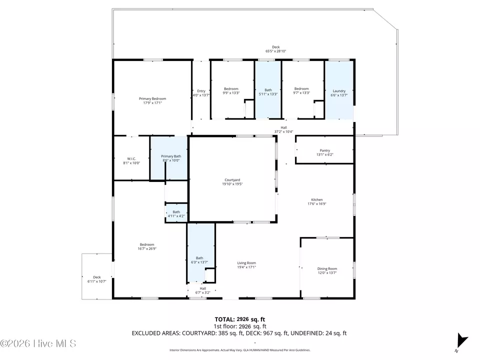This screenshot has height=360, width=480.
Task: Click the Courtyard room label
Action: point(232,180)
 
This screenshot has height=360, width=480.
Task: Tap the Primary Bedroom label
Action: point(152,98)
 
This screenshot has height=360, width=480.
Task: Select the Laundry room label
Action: point(339,91)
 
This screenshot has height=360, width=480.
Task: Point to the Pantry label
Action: point(325,150)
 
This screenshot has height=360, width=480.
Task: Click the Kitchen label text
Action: point(317,199)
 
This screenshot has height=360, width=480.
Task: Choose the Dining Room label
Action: point(327,269)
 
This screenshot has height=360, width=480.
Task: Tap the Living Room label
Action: point(246,263)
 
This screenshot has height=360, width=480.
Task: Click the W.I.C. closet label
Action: point(131,158)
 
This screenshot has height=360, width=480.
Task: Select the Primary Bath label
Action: point(171,156)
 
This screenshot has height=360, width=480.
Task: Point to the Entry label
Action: point(201,91)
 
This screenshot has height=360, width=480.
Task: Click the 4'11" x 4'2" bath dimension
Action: point(176,216)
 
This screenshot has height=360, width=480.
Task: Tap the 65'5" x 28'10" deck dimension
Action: point(276,51)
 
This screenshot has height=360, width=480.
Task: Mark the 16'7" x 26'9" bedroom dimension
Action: point(147,248)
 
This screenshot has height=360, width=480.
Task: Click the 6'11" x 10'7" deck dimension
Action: point(96,281)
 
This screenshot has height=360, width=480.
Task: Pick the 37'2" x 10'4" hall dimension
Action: point(284,131)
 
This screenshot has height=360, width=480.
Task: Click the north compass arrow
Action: point(461,340)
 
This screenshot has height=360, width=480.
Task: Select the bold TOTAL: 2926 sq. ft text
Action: point(239,319)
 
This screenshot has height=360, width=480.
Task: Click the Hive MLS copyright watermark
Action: point(38,343)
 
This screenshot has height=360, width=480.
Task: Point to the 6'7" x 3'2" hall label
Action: point(202,292)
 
